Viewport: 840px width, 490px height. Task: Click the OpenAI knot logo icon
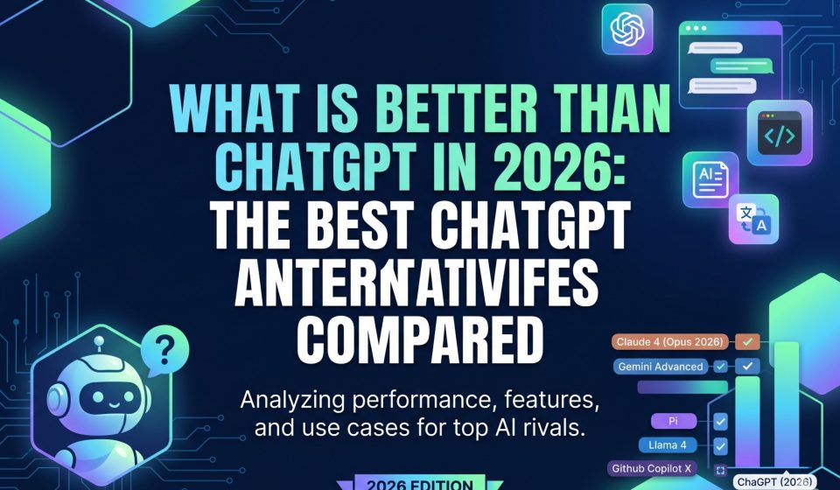click(628, 30)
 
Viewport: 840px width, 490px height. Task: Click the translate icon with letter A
click(753, 218)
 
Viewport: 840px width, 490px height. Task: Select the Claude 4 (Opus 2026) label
click(674, 342)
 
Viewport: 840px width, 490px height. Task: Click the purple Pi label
click(674, 421)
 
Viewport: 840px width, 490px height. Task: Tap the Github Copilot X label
click(654, 469)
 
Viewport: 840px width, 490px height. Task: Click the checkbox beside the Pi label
click(721, 422)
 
